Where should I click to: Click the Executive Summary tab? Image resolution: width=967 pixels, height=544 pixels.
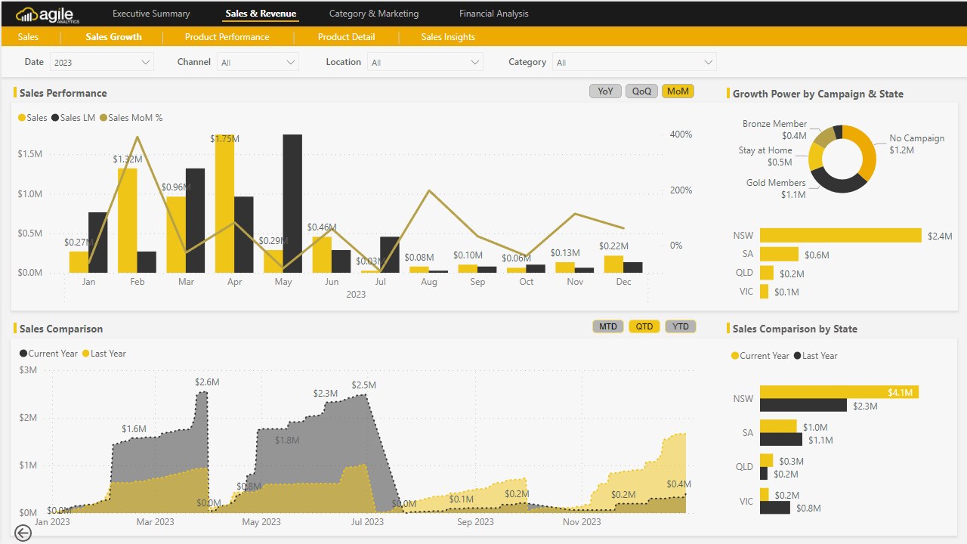coord(151,14)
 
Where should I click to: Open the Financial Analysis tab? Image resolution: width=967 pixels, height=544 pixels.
coord(493,14)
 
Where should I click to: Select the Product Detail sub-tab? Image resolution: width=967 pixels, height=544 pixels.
coord(346,37)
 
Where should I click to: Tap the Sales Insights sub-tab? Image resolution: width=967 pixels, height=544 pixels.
coord(448,37)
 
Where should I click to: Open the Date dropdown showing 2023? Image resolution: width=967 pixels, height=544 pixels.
coord(102,63)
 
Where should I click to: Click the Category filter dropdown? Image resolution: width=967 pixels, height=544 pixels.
coord(635,63)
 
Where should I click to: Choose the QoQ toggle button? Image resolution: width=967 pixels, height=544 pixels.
coord(641,91)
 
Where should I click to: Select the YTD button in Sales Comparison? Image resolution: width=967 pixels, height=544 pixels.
coord(681,327)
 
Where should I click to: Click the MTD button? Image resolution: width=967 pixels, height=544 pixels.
coord(608,327)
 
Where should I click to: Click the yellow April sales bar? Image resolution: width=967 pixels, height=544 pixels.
coord(224,204)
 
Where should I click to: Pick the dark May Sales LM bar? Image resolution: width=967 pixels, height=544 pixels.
coord(292,204)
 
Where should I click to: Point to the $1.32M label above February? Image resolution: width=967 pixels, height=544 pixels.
coord(128,159)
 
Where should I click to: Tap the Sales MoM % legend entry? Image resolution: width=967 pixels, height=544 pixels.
coord(135,118)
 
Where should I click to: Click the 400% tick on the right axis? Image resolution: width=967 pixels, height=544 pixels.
coord(681,134)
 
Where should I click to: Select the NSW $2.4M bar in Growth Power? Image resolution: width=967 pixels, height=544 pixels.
coord(841,236)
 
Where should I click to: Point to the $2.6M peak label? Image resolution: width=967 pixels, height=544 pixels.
coord(207,382)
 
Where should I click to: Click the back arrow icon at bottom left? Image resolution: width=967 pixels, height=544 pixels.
coord(23,533)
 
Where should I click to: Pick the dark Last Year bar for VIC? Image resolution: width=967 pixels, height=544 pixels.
coord(775,508)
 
